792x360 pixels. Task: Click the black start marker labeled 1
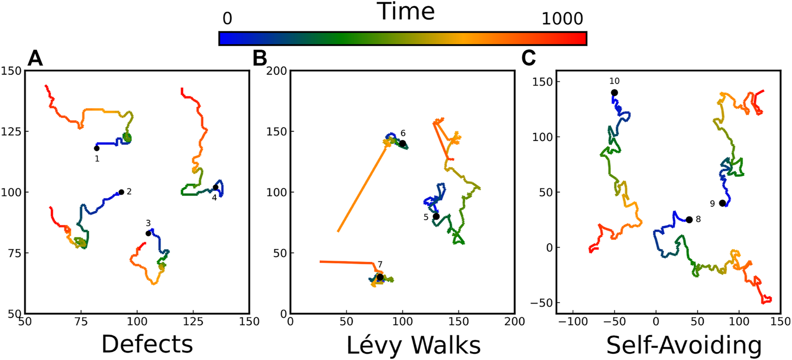point(97,148)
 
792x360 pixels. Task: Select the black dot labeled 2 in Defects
point(121,192)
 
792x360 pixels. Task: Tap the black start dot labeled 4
point(215,187)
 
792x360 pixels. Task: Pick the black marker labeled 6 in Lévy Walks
point(402,144)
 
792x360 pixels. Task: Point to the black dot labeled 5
point(436,216)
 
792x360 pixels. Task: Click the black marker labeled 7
point(380,277)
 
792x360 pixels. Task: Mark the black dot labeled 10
point(615,92)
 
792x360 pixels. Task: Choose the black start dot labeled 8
point(689,220)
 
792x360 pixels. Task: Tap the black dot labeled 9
point(722,203)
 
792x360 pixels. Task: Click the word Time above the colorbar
point(406,12)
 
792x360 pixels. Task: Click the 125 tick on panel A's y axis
point(12,131)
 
